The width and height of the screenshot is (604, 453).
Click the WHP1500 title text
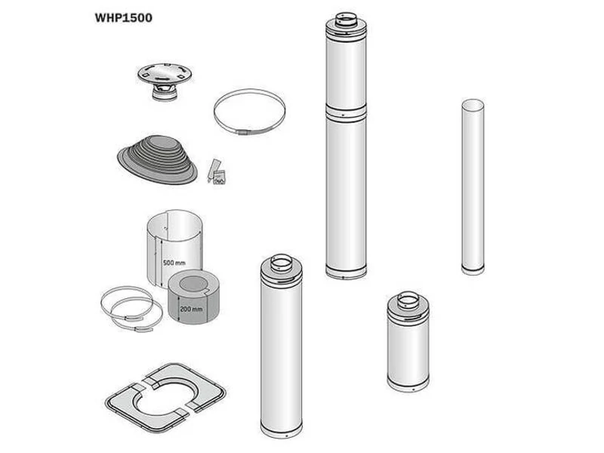click(x=123, y=17)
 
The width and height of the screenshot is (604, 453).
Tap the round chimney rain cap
click(x=165, y=81)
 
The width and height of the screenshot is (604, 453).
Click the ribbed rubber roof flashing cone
click(x=158, y=159)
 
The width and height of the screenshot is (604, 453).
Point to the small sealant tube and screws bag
click(x=217, y=172)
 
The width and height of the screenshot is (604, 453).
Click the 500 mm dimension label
click(x=174, y=263)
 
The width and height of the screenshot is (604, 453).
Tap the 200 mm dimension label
click(x=191, y=309)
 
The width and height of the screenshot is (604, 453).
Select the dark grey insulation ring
click(x=194, y=297)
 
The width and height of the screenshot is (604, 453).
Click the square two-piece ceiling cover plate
click(x=165, y=398)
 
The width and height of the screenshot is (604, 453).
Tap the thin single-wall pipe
click(x=473, y=186)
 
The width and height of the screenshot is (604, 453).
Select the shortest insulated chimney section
click(x=408, y=342)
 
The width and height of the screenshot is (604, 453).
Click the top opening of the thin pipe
click(x=473, y=104)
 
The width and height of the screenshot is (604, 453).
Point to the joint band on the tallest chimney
click(x=346, y=112)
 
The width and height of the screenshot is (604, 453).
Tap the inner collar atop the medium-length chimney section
click(x=281, y=263)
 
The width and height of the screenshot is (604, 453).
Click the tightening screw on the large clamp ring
click(x=243, y=132)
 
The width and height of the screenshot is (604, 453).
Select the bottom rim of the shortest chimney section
click(x=408, y=384)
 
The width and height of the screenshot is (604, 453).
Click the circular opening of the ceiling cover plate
click(x=165, y=398)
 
